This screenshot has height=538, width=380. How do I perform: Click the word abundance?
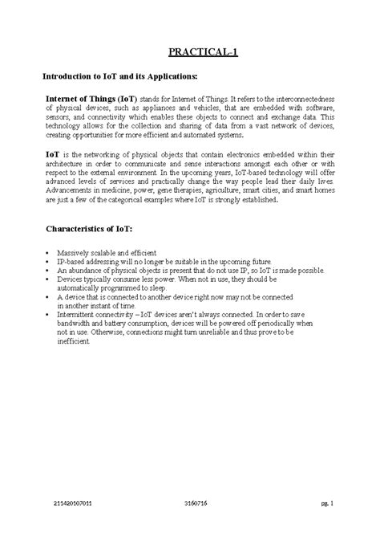click(x=86, y=271)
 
